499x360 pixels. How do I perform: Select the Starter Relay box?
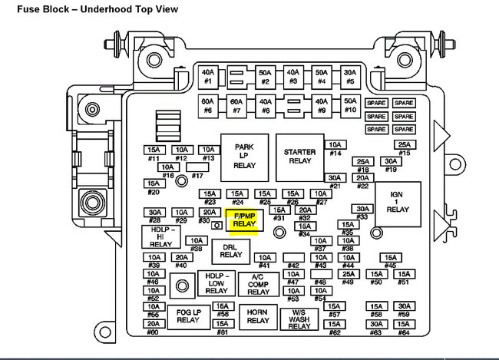(x=299, y=157)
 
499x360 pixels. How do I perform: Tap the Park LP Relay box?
(x=244, y=157)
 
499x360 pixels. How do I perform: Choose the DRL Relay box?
(x=230, y=251)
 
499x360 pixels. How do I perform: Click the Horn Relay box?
(x=257, y=316)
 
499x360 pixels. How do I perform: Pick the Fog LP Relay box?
(x=188, y=316)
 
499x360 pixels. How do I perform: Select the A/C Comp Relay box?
(x=258, y=285)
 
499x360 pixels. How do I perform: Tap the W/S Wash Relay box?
(x=299, y=318)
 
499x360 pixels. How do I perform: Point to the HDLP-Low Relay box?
(x=216, y=283)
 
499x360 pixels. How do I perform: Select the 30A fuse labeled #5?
(x=349, y=75)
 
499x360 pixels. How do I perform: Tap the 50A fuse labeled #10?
(x=349, y=105)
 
